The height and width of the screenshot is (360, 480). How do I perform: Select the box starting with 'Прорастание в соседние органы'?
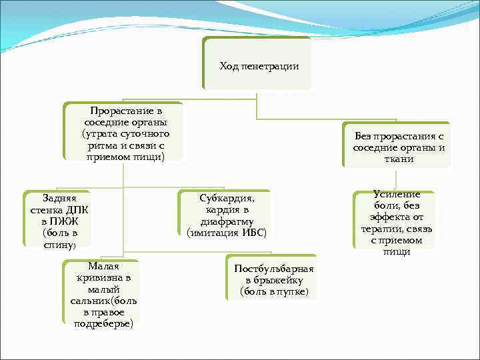[x=124, y=131]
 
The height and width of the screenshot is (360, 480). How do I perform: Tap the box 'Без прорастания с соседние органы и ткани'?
[x=399, y=145]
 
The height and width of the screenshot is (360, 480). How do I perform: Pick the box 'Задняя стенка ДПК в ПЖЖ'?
[x=59, y=219]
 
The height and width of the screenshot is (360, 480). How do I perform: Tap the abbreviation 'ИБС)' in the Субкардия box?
[x=255, y=233]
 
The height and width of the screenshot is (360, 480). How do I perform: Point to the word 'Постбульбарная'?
[x=274, y=268]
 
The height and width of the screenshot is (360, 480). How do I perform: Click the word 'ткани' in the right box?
[x=399, y=159]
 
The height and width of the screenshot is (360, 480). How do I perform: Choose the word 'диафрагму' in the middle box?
[x=227, y=221]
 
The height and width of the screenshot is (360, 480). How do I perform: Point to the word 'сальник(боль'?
[x=103, y=301]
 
